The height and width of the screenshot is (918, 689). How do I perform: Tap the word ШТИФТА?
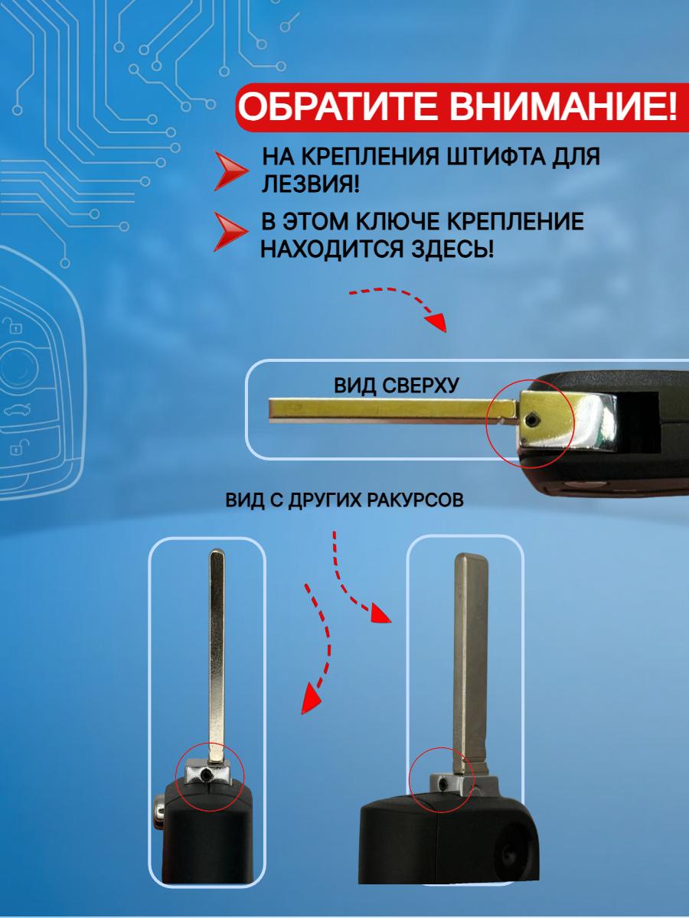point(488,158)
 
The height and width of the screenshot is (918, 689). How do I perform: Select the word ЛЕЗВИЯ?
point(311,184)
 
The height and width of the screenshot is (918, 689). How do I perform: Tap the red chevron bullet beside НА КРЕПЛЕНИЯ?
point(230,170)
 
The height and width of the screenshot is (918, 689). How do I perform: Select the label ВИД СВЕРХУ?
point(396,384)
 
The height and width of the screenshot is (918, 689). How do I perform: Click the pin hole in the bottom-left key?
point(207,776)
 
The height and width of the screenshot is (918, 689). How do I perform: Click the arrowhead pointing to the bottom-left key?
point(309,698)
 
